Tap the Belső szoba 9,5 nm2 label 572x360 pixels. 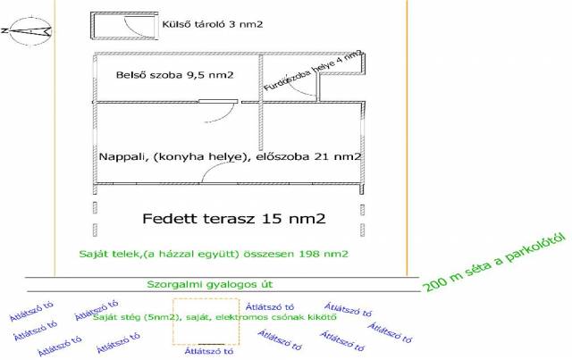click(x=175, y=75)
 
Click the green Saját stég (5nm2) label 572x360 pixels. click(x=214, y=316)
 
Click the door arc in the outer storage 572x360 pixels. click(x=134, y=28)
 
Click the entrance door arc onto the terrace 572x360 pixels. click(x=214, y=175)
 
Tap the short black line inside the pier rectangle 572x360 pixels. click(x=213, y=344)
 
